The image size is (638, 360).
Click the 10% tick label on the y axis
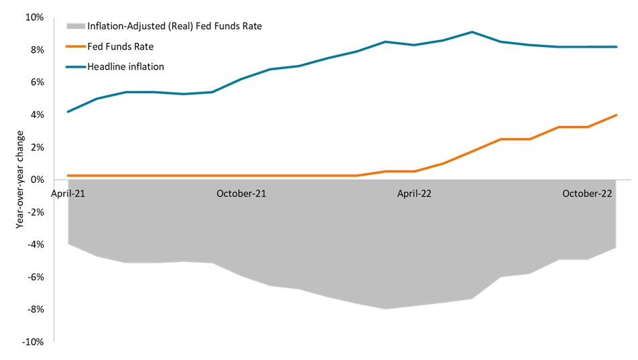35,17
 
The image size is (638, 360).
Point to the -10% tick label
34,342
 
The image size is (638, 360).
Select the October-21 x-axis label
242,194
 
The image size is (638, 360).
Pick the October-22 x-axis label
587,194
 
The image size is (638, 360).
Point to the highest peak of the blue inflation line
472,32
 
